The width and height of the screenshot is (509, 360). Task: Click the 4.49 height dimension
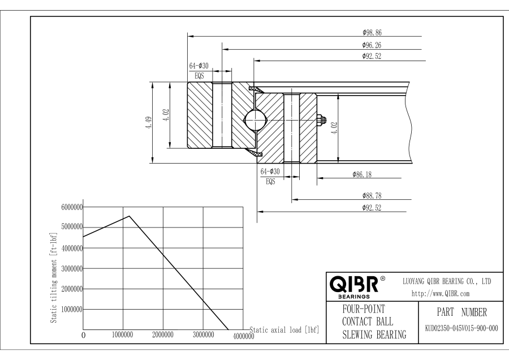[148, 122]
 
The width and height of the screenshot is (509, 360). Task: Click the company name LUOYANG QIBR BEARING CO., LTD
[446, 281]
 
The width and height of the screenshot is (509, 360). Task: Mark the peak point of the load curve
[130, 216]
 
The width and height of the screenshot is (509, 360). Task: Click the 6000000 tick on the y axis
[71, 207]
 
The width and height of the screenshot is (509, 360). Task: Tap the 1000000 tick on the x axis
[123, 335]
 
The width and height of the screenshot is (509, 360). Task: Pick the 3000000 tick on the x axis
[203, 335]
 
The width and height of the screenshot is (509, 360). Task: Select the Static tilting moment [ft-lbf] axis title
[54, 277]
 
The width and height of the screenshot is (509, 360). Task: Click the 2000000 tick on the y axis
[71, 289]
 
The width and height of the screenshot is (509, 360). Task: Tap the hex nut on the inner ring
[321, 119]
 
